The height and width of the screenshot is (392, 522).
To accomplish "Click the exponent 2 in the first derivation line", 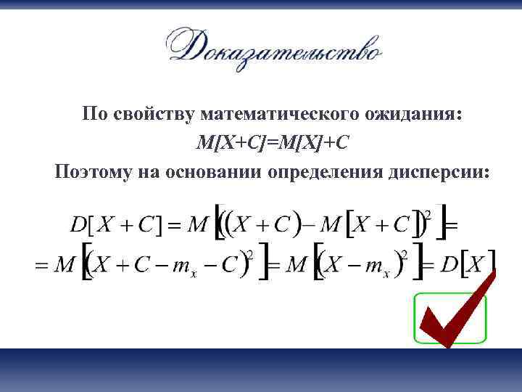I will [x=427, y=215].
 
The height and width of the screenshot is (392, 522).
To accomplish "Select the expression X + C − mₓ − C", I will [x=167, y=265].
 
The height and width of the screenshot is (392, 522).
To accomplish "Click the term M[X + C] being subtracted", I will [x=366, y=225].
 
